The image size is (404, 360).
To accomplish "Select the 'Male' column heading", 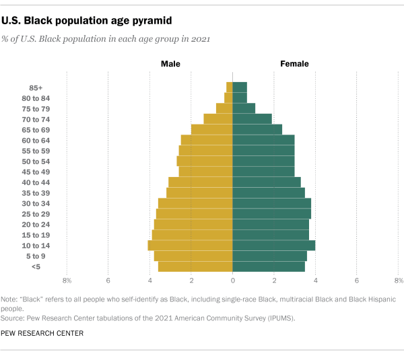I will point(170,64).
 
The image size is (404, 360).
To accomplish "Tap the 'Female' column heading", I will point(294,64).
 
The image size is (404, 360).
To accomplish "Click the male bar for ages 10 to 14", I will point(191,246).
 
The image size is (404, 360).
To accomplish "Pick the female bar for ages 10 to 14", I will point(273,246).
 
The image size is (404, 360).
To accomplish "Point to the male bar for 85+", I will point(230,87).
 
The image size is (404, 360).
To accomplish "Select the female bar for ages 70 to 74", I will point(252,119).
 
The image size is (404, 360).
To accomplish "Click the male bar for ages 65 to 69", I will point(212,130).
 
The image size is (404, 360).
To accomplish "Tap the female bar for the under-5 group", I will point(269,266).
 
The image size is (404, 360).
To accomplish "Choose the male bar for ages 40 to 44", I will point(201,182).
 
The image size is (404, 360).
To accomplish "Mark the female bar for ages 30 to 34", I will point(272,203).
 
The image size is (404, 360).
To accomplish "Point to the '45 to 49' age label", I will point(36,172).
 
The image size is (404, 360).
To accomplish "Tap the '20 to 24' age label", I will point(36,225).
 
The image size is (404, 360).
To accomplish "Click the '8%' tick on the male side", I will point(67,280).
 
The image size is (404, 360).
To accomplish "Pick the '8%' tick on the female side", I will point(398,280).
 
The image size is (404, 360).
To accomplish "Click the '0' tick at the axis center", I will point(233,280).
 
